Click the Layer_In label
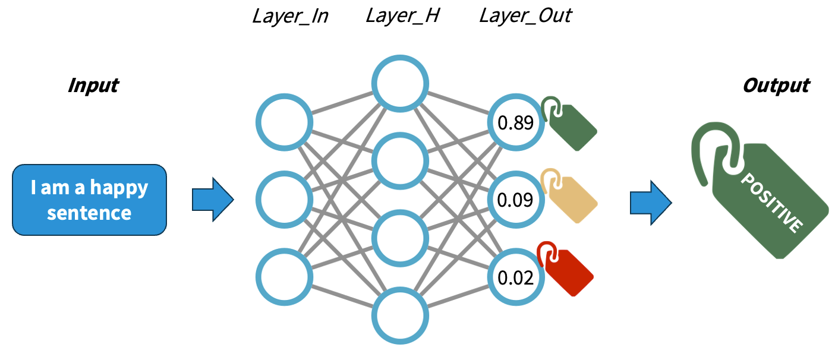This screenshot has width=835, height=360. [290, 16]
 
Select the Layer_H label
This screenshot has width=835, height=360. [402, 16]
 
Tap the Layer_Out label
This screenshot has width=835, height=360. [525, 16]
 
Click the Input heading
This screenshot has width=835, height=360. [93, 86]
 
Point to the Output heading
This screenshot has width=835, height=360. [776, 86]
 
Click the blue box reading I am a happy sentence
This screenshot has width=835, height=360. [89, 200]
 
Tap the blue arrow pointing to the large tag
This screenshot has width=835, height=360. [650, 202]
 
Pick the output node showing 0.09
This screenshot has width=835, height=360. [515, 200]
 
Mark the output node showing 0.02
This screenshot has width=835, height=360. [515, 277]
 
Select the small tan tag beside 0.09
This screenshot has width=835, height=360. [569, 197]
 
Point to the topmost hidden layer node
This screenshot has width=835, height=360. [400, 84]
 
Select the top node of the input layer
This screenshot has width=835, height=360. [284, 122]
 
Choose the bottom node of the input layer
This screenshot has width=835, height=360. [284, 277]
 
